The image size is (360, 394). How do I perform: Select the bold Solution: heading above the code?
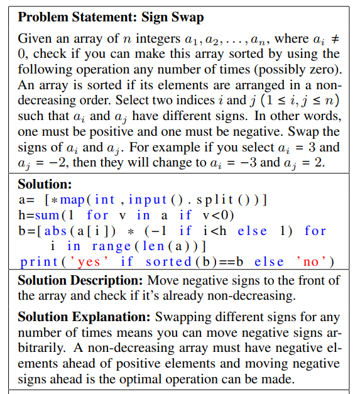click(45, 184)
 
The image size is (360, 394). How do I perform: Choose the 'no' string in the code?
click(310, 261)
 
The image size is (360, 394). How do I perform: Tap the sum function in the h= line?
click(51, 215)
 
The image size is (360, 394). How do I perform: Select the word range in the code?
click(112, 246)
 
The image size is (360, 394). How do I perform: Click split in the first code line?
click(219, 200)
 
